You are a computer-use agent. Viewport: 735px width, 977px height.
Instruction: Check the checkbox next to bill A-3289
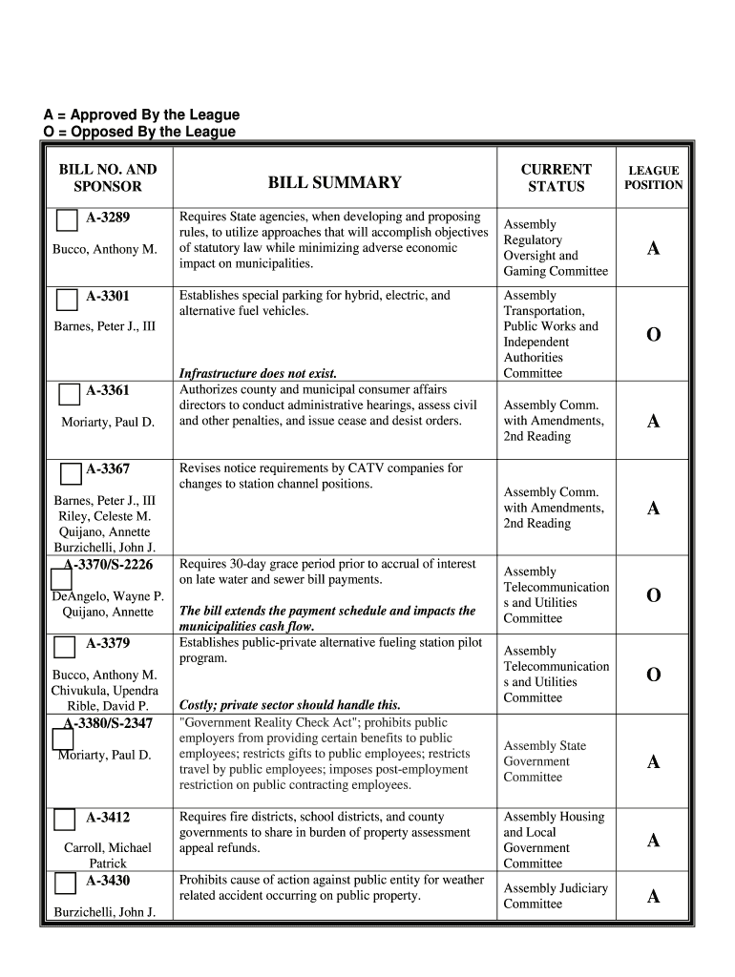pos(67,220)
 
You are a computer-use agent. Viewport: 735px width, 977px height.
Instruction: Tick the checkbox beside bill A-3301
pos(67,300)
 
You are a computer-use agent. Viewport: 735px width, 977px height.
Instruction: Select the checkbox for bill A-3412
pos(65,820)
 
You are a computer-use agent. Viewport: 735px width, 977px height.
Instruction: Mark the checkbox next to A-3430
pos(65,883)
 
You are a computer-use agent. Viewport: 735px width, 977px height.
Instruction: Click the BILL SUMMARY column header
pos(334,182)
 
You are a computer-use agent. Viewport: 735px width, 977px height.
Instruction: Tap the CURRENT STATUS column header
pos(556,177)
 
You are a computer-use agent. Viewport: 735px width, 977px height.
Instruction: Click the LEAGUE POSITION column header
pos(653,177)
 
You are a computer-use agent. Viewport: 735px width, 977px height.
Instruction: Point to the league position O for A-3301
pos(653,335)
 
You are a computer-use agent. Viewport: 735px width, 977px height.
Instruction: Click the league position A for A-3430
pos(653,896)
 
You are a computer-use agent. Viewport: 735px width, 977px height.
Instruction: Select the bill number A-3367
pos(108,469)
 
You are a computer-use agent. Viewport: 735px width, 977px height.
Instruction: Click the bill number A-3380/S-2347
pos(108,723)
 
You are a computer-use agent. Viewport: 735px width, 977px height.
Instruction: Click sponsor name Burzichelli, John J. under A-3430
pos(105,912)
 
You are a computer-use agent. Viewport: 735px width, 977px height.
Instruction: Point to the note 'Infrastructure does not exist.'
pos(258,373)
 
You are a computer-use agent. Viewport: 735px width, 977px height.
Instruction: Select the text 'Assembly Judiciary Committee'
pos(555,896)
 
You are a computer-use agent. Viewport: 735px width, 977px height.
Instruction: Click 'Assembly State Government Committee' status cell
pos(545,761)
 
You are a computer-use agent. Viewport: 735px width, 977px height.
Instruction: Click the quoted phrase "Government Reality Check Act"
pos(273,723)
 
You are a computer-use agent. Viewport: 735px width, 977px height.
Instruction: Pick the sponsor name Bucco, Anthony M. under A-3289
pos(105,249)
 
